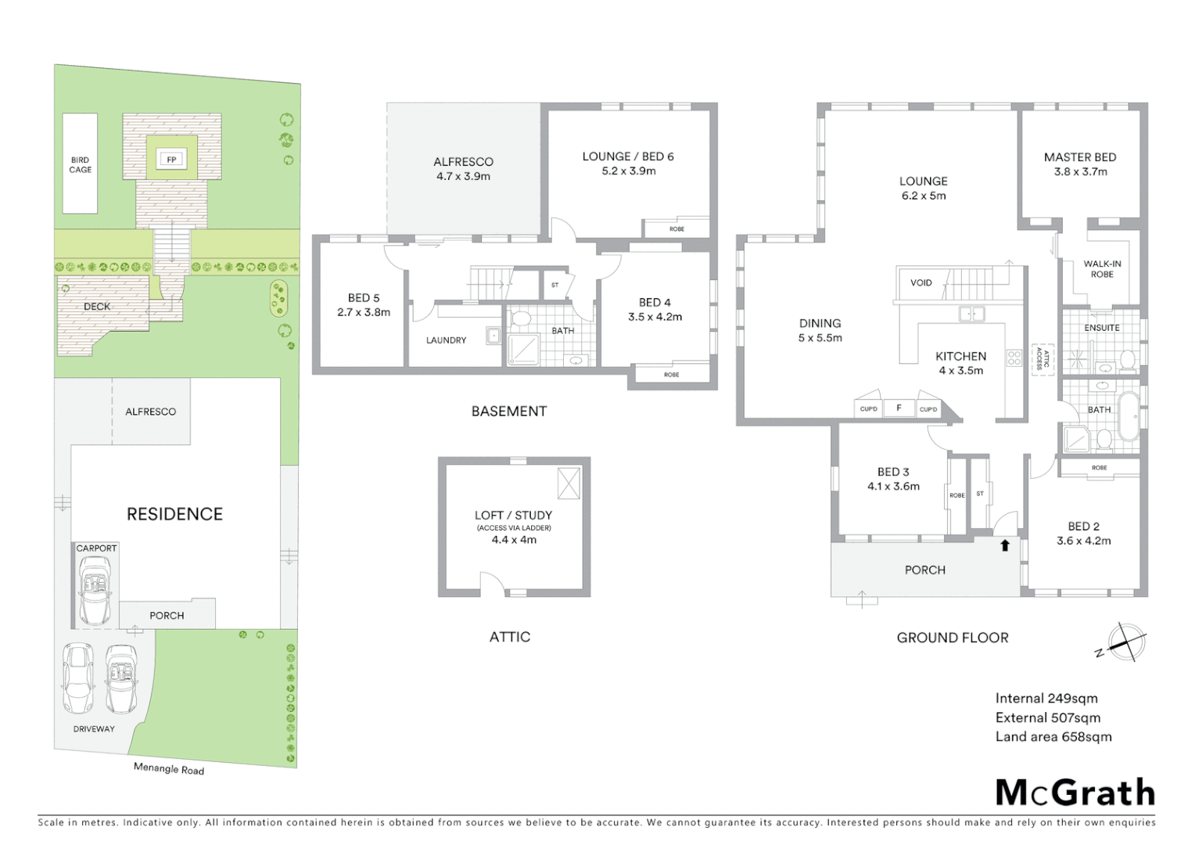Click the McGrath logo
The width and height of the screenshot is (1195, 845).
pyautogui.click(x=1075, y=793)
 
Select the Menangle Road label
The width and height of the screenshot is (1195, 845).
pyautogui.click(x=168, y=769)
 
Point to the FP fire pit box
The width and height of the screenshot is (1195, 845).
pyautogui.click(x=171, y=160)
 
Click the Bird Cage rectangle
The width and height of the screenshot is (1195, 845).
pyautogui.click(x=80, y=164)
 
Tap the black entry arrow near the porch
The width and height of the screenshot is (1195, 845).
pyautogui.click(x=1005, y=545)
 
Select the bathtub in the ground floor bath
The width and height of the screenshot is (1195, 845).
pyautogui.click(x=1128, y=417)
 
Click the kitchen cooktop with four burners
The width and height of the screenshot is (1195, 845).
pyautogui.click(x=1014, y=358)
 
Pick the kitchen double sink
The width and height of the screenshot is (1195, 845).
pyautogui.click(x=972, y=315)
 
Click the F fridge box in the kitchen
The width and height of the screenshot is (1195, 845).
pyautogui.click(x=899, y=408)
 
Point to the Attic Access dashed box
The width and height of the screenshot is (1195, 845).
pyautogui.click(x=1041, y=359)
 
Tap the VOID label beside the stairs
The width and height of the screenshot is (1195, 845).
pyautogui.click(x=920, y=282)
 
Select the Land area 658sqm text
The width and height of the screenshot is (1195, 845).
pyautogui.click(x=1053, y=736)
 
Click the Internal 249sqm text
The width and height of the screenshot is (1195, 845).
pyautogui.click(x=1046, y=698)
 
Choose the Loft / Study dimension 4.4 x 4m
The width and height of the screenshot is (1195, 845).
pyautogui.click(x=514, y=540)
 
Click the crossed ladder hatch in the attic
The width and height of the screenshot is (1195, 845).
pyautogui.click(x=568, y=483)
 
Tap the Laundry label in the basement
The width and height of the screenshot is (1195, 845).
pyautogui.click(x=446, y=340)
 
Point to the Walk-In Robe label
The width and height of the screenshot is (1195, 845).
pyautogui.click(x=1101, y=269)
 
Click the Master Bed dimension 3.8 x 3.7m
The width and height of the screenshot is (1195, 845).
pyautogui.click(x=1080, y=172)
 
